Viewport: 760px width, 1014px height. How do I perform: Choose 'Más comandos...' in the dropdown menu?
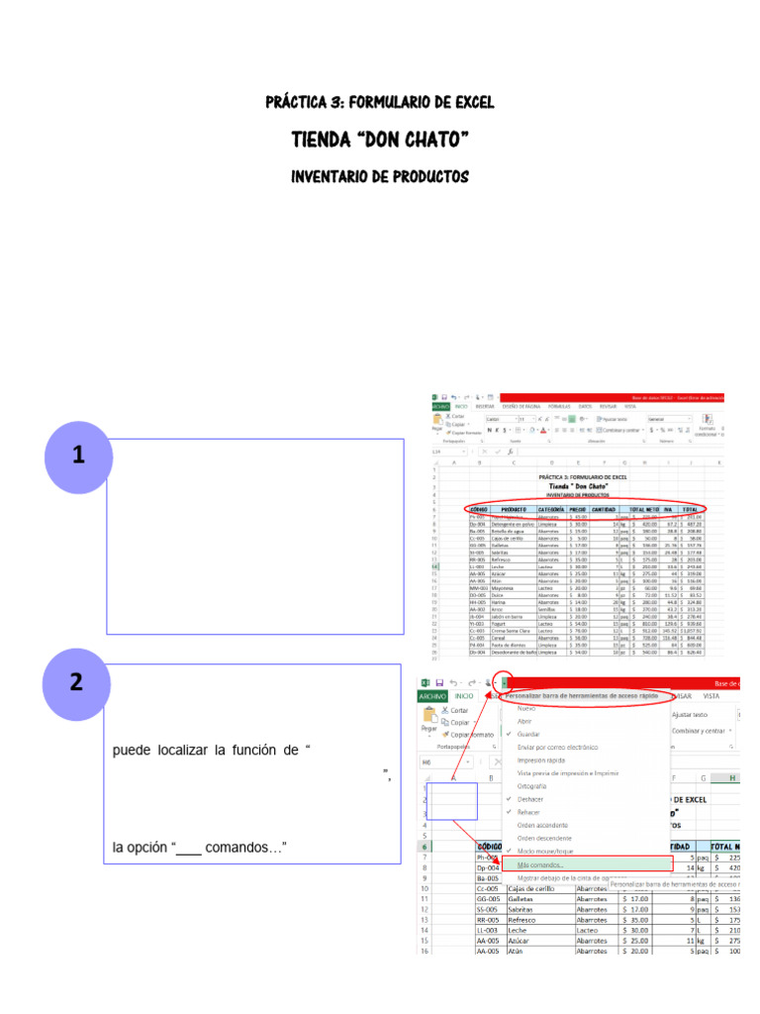(538, 864)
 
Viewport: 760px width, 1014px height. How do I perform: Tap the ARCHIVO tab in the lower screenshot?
(431, 696)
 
